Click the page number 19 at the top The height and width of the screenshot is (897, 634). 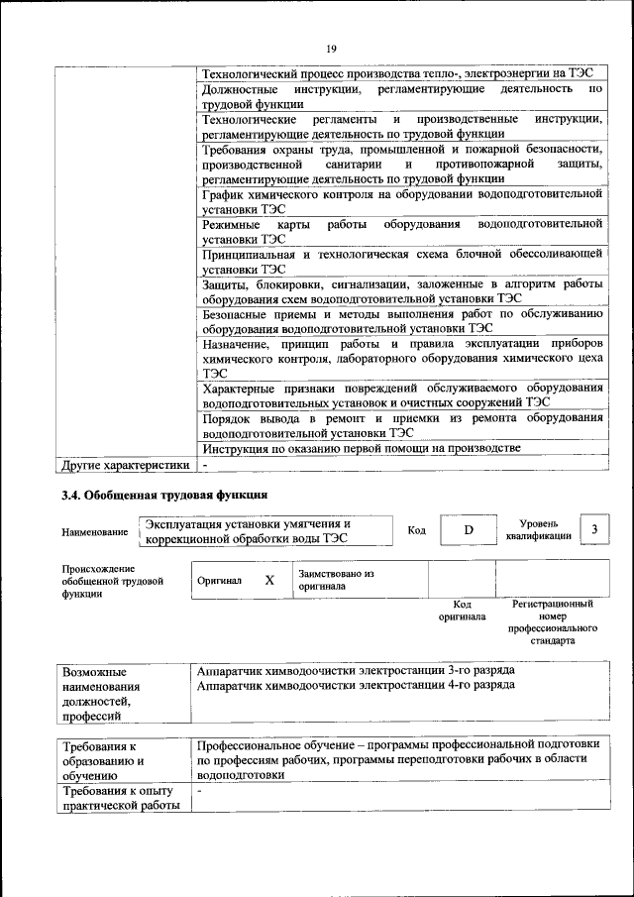point(332,48)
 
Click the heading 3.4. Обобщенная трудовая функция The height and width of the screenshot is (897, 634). point(163,494)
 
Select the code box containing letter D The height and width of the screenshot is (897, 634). point(468,530)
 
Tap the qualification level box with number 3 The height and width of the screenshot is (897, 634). point(592,530)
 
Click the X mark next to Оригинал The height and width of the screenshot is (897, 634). point(268,580)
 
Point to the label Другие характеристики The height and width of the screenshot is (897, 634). point(125,463)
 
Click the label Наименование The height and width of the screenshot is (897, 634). point(94,532)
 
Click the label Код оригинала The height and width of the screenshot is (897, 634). point(462,610)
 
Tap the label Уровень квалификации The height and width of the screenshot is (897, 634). point(538,529)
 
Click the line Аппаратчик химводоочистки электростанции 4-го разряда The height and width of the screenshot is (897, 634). point(356,685)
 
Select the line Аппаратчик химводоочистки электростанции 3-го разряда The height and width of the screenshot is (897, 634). point(356,670)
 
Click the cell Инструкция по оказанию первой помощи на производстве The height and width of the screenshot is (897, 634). point(361,448)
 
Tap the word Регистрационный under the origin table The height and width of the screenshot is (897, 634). point(553,603)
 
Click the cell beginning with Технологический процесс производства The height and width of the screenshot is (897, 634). point(396,73)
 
